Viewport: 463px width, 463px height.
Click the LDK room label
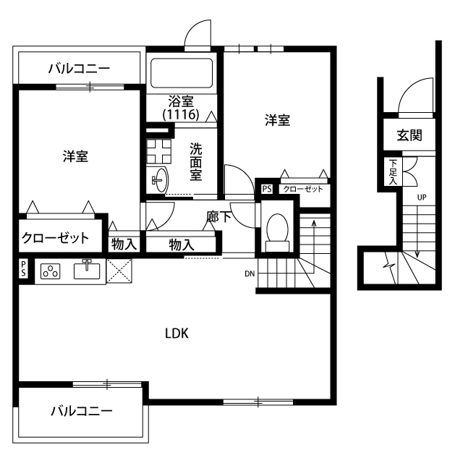click(177, 334)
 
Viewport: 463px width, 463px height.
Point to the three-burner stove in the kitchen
click(51, 272)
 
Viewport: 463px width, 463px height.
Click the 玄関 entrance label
click(409, 135)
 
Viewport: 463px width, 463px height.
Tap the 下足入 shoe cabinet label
click(393, 171)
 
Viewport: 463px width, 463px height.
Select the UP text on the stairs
click(421, 197)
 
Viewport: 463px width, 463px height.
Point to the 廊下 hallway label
click(219, 216)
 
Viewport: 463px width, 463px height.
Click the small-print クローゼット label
click(302, 189)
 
